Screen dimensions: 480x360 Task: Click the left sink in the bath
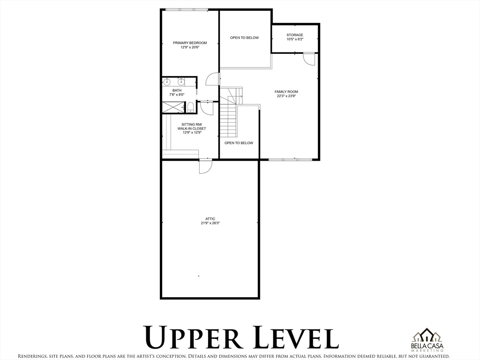(167, 82)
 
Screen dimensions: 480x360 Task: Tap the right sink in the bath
(181, 82)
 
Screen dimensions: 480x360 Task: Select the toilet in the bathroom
(190, 107)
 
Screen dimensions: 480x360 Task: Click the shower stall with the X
(173, 107)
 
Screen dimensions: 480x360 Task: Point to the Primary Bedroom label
(190, 43)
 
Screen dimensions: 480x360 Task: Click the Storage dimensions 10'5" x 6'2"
(295, 39)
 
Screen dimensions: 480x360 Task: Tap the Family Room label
(286, 91)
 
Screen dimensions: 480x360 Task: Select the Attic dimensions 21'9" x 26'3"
(210, 223)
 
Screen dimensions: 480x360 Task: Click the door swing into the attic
(205, 167)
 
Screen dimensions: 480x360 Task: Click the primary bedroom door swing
(212, 79)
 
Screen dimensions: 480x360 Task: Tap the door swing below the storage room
(309, 59)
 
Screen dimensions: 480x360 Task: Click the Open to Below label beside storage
(244, 37)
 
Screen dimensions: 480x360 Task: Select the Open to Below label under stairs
(239, 143)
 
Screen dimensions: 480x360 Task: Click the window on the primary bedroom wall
(187, 10)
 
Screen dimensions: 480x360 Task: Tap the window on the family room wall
(290, 159)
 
